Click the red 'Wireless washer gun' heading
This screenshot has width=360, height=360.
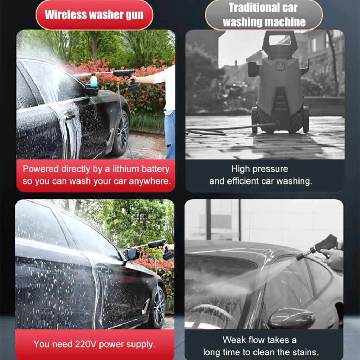(x=94, y=15)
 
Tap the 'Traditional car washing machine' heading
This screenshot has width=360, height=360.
(x=264, y=15)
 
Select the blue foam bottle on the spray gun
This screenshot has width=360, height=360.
(x=94, y=81)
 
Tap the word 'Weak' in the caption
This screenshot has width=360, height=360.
(x=234, y=340)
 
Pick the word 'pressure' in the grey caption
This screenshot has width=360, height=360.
(x=272, y=169)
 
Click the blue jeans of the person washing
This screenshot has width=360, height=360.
(x=170, y=134)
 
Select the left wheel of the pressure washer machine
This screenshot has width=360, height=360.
(x=254, y=120)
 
